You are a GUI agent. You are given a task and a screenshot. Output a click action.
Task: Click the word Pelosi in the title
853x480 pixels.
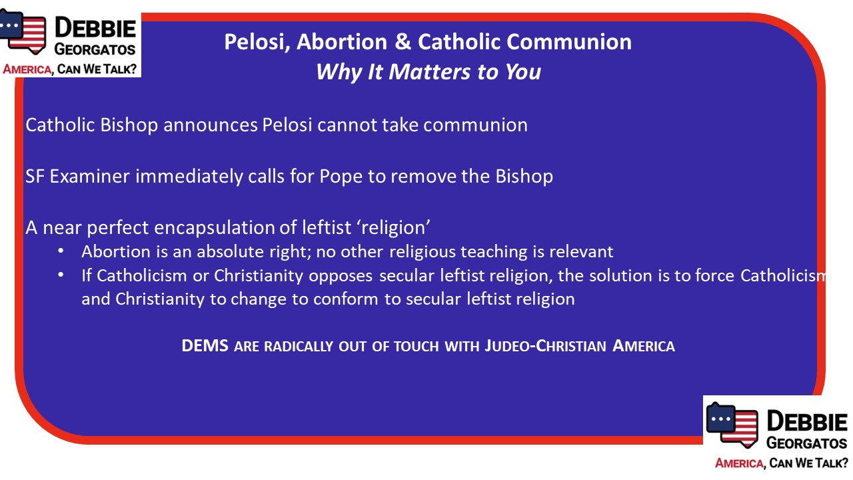click(x=255, y=42)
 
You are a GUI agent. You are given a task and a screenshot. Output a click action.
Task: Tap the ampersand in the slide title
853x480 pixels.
click(x=403, y=41)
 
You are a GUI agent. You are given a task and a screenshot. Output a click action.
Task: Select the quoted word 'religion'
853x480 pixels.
click(x=394, y=228)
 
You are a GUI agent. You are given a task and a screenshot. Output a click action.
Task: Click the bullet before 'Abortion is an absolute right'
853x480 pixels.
click(x=61, y=251)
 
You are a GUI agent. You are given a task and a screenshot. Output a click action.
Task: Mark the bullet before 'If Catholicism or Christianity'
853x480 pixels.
click(x=61, y=275)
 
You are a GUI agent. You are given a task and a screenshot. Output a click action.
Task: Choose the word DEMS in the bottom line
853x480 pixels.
click(x=205, y=346)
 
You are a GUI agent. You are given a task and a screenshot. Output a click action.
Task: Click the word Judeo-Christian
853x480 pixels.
click(x=545, y=346)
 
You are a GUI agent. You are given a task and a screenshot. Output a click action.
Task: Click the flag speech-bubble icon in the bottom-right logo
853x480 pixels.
click(x=732, y=425)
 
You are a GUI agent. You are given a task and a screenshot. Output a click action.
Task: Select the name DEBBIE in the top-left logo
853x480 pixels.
click(x=95, y=28)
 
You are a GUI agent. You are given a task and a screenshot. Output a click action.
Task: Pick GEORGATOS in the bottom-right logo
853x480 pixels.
click(x=807, y=443)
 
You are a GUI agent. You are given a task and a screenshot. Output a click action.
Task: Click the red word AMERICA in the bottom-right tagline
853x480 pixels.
click(x=739, y=463)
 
